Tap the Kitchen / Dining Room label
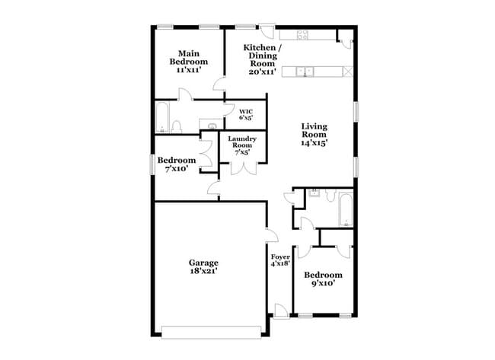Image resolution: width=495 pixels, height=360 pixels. click(262, 56)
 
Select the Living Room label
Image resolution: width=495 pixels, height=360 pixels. click(314, 134)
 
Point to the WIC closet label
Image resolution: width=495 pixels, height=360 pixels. click(245, 115)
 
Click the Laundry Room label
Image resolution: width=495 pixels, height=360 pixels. click(242, 144)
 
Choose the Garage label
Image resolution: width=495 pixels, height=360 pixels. click(203, 266)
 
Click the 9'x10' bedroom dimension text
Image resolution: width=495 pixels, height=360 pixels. click(323, 284)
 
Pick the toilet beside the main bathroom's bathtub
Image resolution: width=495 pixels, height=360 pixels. click(176, 125)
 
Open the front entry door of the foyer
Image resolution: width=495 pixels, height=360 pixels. click(281, 312)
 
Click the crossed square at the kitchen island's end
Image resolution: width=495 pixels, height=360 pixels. click(348, 72)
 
